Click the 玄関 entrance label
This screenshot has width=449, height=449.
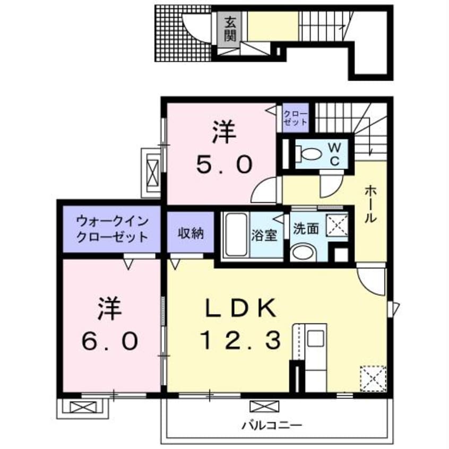click(x=230, y=29)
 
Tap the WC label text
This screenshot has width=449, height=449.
click(x=335, y=153)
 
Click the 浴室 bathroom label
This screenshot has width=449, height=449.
click(x=264, y=235)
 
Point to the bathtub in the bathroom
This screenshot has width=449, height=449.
click(x=234, y=235)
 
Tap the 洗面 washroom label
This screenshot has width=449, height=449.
click(x=306, y=229)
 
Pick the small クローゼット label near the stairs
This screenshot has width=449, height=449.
click(x=295, y=118)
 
